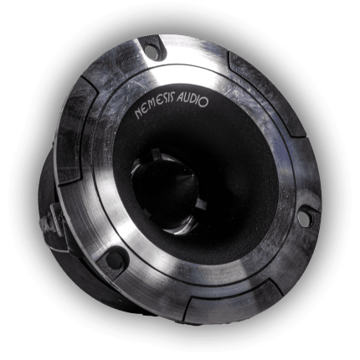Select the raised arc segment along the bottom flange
click(x=226, y=306)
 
